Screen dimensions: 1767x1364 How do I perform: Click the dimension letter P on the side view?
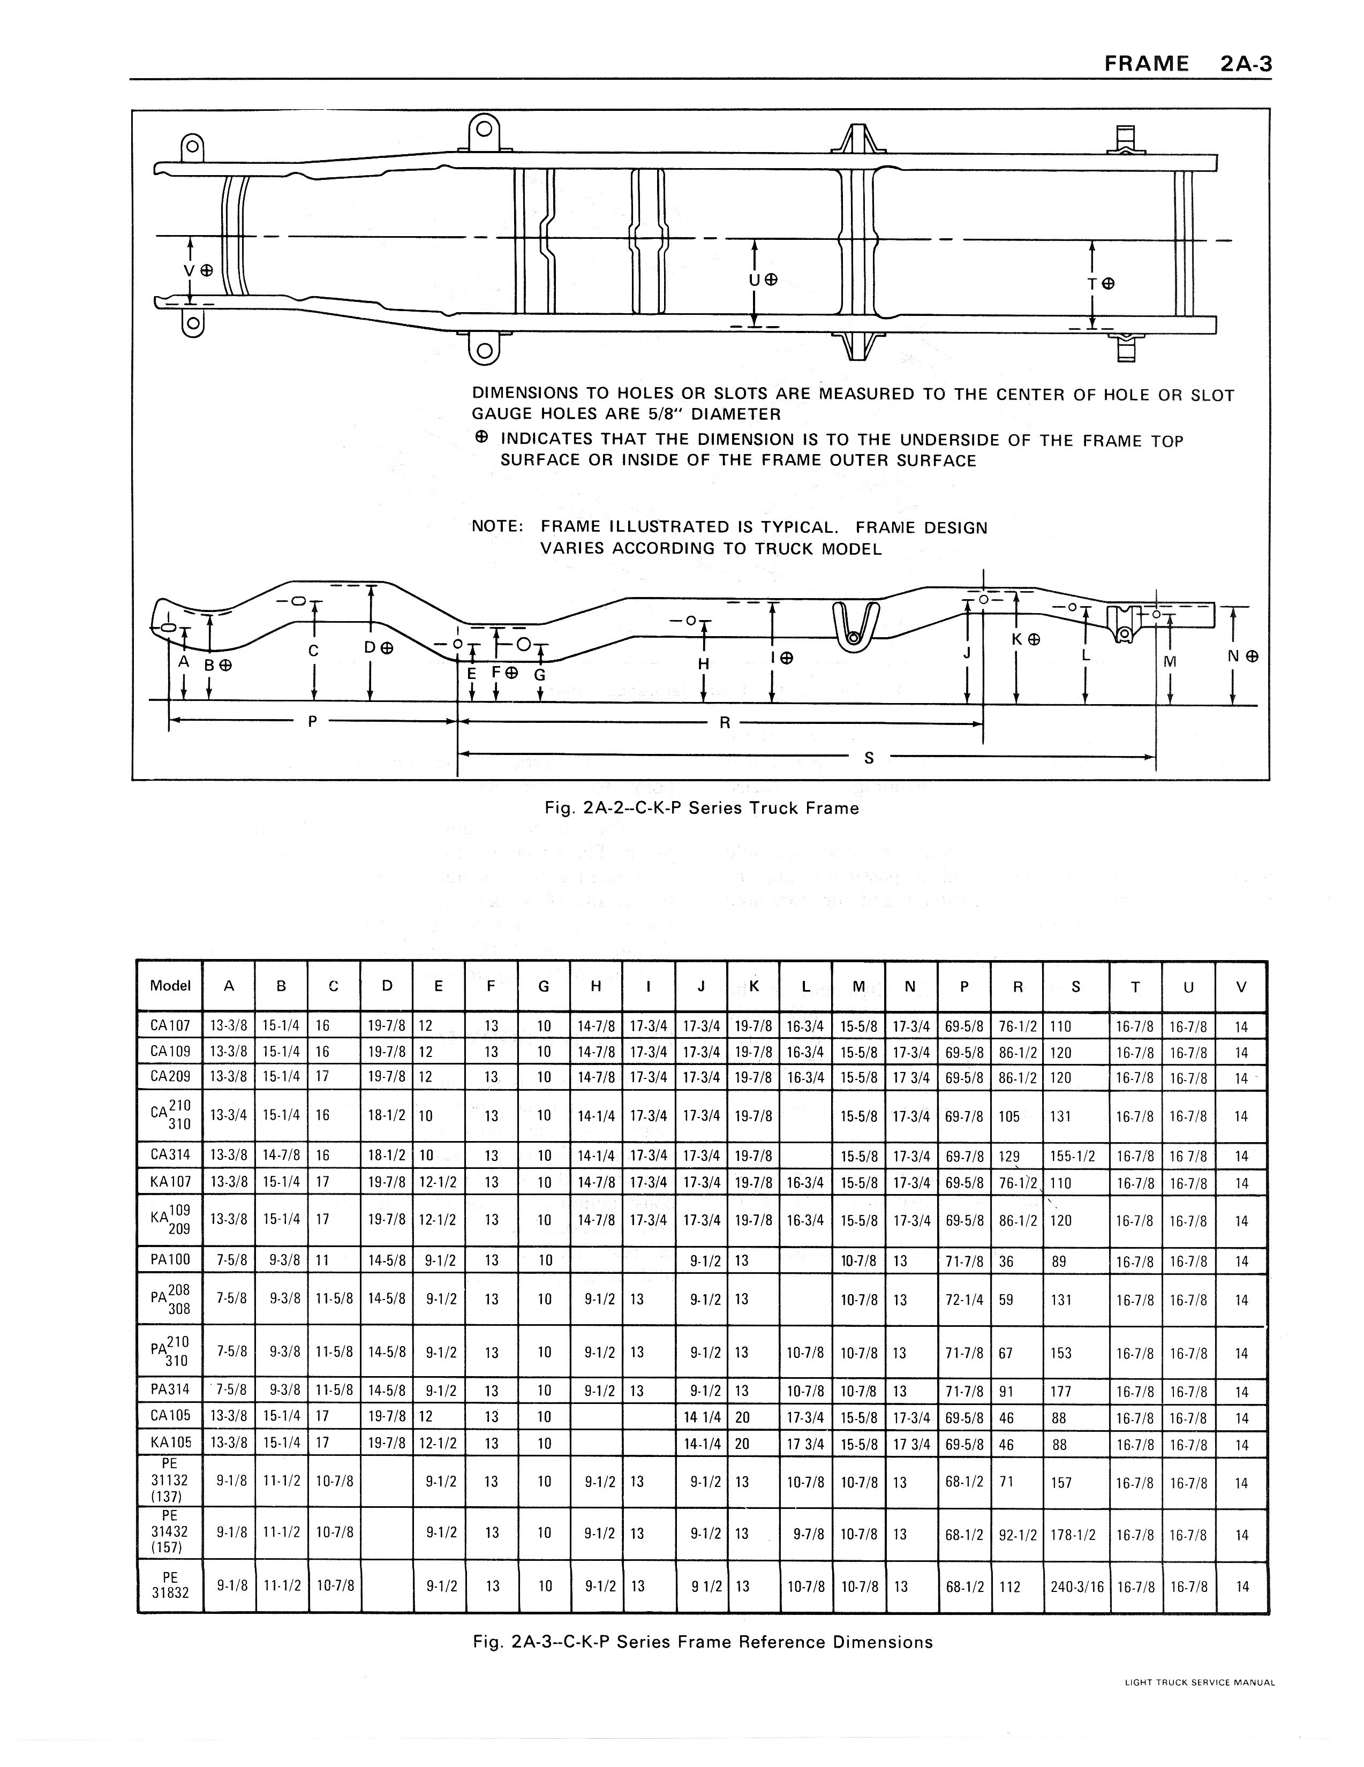point(312,722)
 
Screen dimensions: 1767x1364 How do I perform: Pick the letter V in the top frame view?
point(189,270)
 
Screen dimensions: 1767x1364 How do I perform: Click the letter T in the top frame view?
point(1092,284)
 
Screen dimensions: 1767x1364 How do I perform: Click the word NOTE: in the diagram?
point(498,527)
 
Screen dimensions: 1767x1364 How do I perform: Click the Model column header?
point(170,985)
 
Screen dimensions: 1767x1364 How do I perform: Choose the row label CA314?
point(170,1154)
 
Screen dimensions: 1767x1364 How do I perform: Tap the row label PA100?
point(170,1260)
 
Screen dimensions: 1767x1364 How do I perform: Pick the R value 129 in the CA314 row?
point(1009,1156)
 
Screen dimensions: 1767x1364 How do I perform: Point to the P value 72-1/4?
point(964,1300)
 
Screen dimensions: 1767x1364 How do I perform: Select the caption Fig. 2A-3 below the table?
point(702,1642)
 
